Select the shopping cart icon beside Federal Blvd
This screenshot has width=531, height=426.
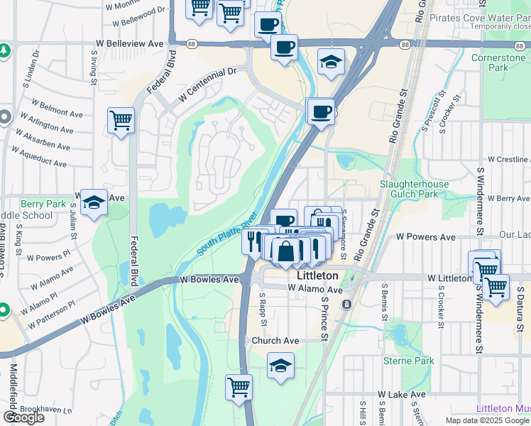click(121, 121)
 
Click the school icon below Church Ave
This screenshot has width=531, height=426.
click(281, 367)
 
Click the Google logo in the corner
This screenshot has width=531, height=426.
click(23, 417)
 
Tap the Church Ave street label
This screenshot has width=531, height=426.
click(275, 341)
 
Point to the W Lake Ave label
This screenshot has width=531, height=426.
click(401, 394)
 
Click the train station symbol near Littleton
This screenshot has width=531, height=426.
click(346, 304)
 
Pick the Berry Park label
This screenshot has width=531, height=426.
click(43, 203)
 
